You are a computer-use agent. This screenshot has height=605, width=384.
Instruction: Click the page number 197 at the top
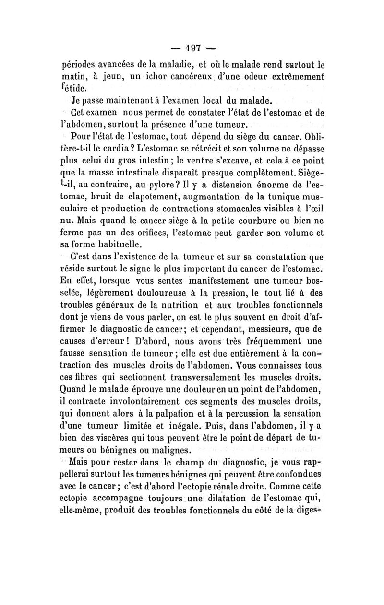click(x=192, y=48)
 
